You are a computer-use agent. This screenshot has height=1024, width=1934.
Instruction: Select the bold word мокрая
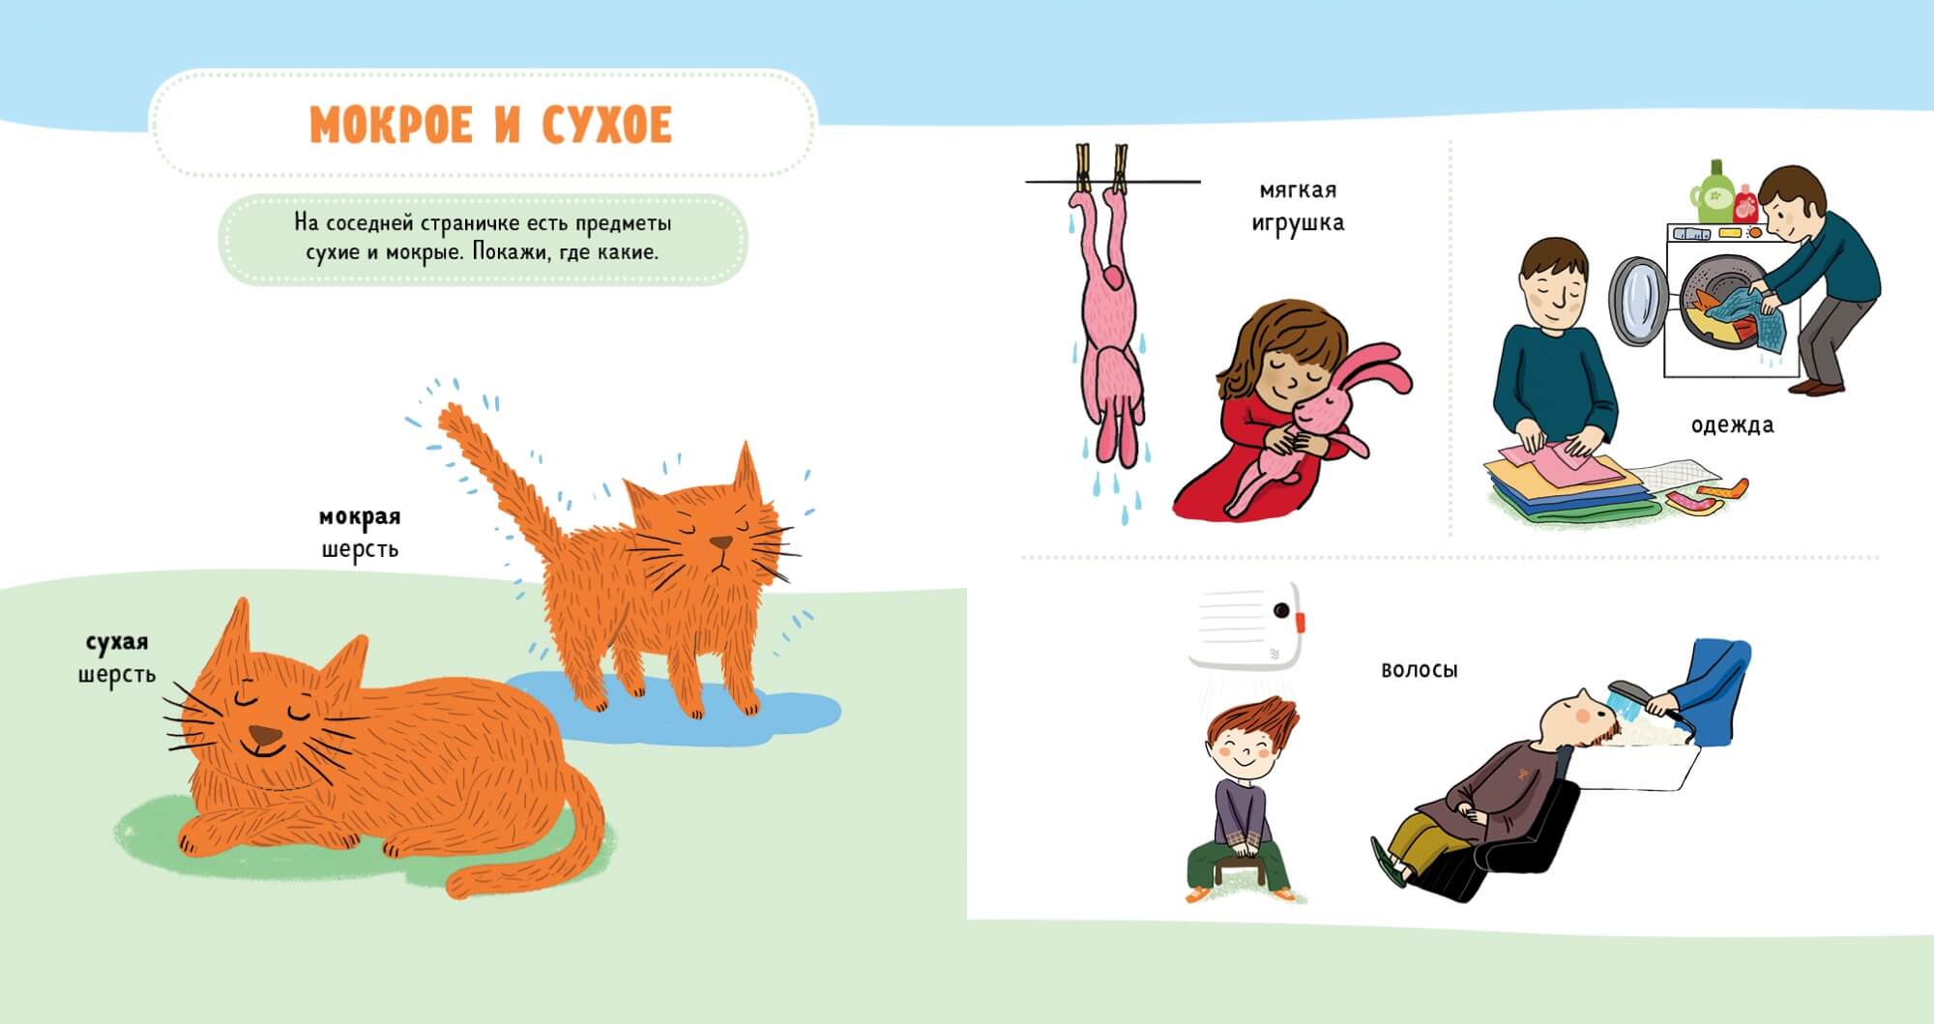[360, 517]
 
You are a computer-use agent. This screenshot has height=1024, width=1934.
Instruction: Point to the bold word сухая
[117, 643]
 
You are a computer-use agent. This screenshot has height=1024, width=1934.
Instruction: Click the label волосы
[1420, 670]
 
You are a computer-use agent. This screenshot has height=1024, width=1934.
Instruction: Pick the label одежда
[1733, 424]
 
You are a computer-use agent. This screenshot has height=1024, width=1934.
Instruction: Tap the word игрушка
[1298, 223]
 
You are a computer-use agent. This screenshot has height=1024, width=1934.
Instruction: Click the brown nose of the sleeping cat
[265, 735]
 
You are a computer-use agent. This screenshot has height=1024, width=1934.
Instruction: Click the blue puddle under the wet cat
[677, 705]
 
